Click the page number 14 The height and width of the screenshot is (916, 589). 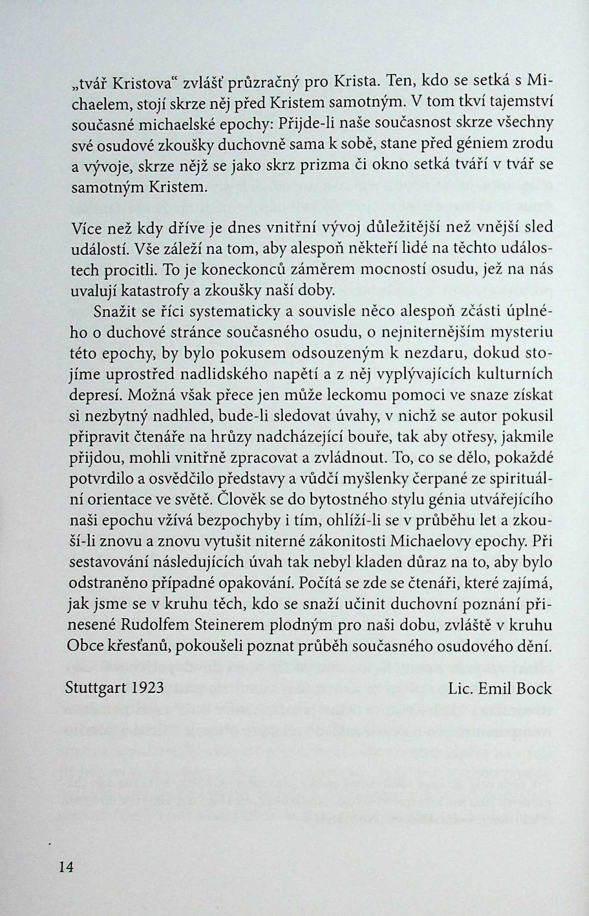point(66,867)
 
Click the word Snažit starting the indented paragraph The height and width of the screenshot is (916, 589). point(117,312)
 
